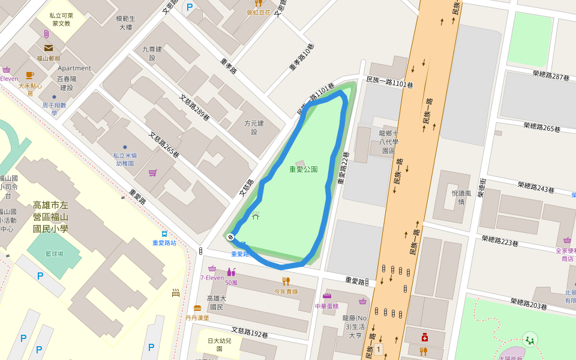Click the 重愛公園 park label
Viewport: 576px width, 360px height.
coord(303,169)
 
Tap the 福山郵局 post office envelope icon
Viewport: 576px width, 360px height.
coord(48,48)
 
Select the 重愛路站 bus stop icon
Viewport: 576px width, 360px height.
coord(164,234)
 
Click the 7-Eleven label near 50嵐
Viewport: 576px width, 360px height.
coord(211,277)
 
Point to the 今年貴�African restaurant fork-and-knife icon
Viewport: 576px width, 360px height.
coord(286,281)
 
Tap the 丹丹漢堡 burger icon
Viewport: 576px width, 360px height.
coord(197,308)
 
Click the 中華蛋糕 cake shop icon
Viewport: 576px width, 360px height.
coord(327,296)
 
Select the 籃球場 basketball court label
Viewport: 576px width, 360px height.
coord(54,254)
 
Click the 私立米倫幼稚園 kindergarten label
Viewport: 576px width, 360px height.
coord(125,159)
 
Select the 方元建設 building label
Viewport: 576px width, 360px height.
coord(254,127)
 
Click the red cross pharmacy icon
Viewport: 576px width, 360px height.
coord(424,337)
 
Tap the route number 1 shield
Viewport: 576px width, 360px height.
coord(378,349)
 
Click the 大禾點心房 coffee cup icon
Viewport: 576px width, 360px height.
coord(29,76)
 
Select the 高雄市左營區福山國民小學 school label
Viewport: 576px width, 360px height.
coord(50,217)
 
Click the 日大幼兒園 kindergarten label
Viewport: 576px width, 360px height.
coord(219,344)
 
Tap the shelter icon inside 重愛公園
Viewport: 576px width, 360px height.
coord(256,215)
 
